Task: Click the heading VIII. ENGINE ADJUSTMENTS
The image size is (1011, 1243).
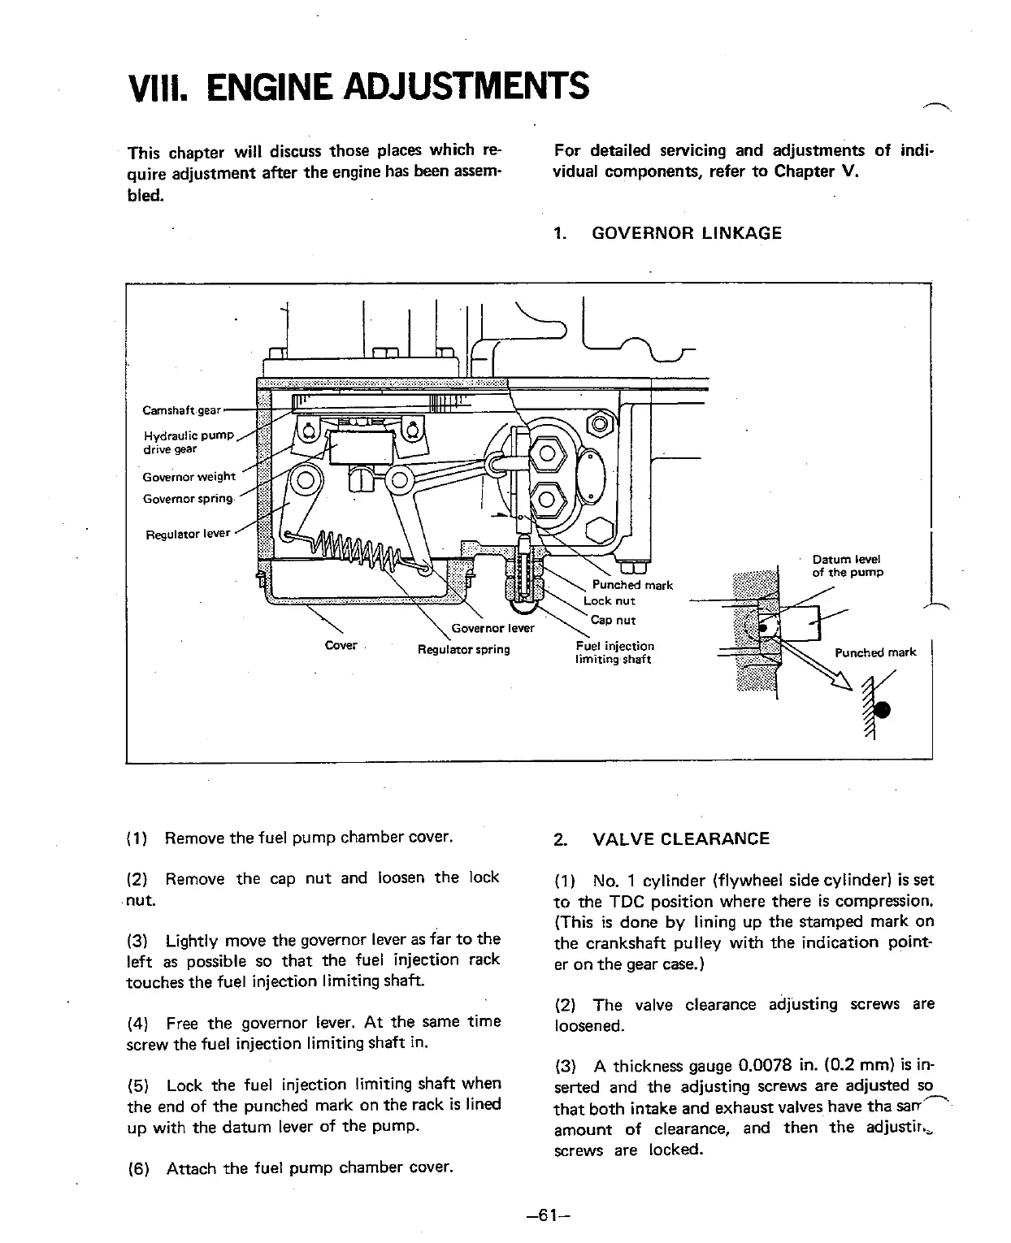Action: point(358,85)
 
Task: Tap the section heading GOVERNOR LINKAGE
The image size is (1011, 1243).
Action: point(686,233)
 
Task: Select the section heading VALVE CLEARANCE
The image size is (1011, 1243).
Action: point(681,838)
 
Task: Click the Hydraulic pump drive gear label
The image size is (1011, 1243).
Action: point(188,442)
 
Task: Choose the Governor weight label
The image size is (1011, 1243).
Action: point(189,477)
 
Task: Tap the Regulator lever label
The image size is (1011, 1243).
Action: point(187,535)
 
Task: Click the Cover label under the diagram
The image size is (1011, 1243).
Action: point(341,645)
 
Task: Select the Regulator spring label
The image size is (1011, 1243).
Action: point(463,649)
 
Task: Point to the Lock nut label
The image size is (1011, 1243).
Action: point(609,601)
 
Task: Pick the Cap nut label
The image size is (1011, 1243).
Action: point(613,620)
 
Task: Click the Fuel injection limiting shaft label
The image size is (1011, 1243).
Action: point(614,652)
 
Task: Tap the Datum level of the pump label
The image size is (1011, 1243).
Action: point(847,565)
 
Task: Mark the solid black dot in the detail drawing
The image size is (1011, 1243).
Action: point(883,709)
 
